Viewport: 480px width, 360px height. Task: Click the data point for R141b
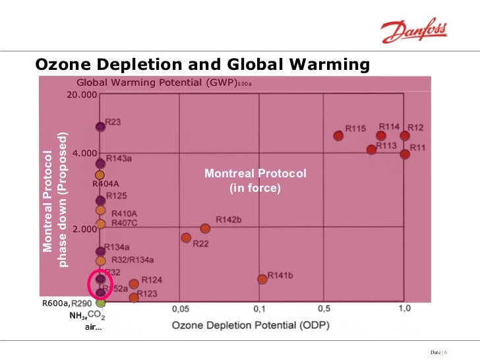click(262, 280)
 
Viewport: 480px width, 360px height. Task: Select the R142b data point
click(205, 228)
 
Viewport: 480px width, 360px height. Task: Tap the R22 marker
click(186, 237)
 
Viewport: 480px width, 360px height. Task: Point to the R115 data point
click(338, 136)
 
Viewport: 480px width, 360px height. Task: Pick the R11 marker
click(405, 154)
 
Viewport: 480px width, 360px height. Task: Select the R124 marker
click(134, 284)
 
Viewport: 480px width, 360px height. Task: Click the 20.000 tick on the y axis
click(82, 96)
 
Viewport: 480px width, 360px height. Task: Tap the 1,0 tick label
click(404, 308)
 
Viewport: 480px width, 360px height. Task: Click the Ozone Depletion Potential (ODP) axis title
click(251, 325)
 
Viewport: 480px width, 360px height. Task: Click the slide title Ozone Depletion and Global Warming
click(202, 65)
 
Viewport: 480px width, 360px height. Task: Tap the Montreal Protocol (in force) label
click(255, 181)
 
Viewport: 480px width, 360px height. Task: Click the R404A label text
click(105, 185)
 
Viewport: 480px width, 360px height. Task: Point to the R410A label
click(124, 214)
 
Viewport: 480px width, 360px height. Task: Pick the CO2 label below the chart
click(96, 316)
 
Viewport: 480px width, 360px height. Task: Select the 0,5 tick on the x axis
click(323, 308)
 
